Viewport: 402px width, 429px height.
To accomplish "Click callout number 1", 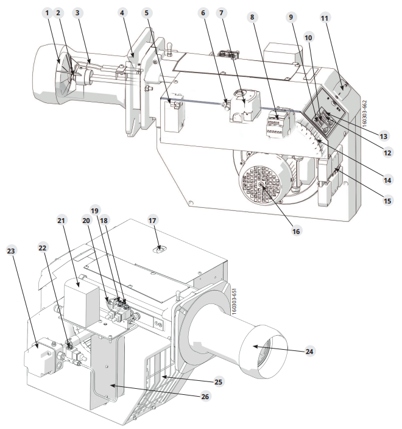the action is pos(48,13).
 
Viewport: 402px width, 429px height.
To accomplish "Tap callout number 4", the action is pos(122,13).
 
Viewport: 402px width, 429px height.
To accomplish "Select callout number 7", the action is pos(221,13).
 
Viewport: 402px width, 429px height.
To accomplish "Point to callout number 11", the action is pos(324,18).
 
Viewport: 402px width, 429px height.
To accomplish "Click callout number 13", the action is pos(383,136).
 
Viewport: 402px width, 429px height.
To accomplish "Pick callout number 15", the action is pos(387,201).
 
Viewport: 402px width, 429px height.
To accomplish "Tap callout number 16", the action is pos(296,232).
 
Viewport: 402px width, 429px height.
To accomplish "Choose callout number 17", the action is pos(152,220).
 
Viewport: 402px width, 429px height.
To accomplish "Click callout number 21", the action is pos(62,220).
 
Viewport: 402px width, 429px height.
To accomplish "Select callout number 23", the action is pos(11,250).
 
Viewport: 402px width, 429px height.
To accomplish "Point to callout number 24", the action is pos(309,351).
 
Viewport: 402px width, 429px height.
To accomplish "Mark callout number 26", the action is pos(205,397).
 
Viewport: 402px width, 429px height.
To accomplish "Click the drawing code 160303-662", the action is pos(364,113).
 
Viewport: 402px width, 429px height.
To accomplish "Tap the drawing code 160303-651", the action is pos(234,301).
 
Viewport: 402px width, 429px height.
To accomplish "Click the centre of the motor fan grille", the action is pos(261,185).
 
